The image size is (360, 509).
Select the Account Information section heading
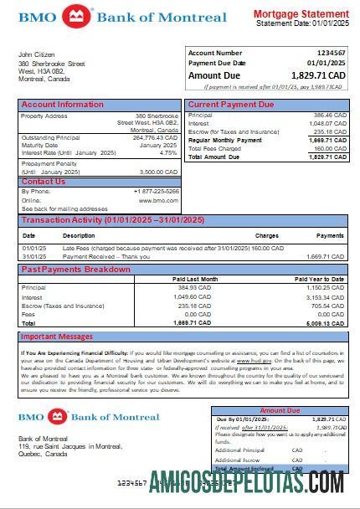[x=63, y=105]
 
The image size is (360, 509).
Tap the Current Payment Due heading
[x=230, y=105]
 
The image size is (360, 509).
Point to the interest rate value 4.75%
[x=168, y=153]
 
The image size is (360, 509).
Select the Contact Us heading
[x=43, y=182]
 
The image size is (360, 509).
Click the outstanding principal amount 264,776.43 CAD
[x=156, y=137]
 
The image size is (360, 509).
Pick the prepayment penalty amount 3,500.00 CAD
[x=159, y=172]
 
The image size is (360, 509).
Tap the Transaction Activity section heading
[x=113, y=220]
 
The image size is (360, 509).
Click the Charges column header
[x=266, y=236]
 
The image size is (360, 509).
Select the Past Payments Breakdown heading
[x=76, y=270]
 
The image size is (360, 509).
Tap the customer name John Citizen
[x=37, y=54]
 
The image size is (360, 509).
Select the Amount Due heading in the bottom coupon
[x=279, y=411]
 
